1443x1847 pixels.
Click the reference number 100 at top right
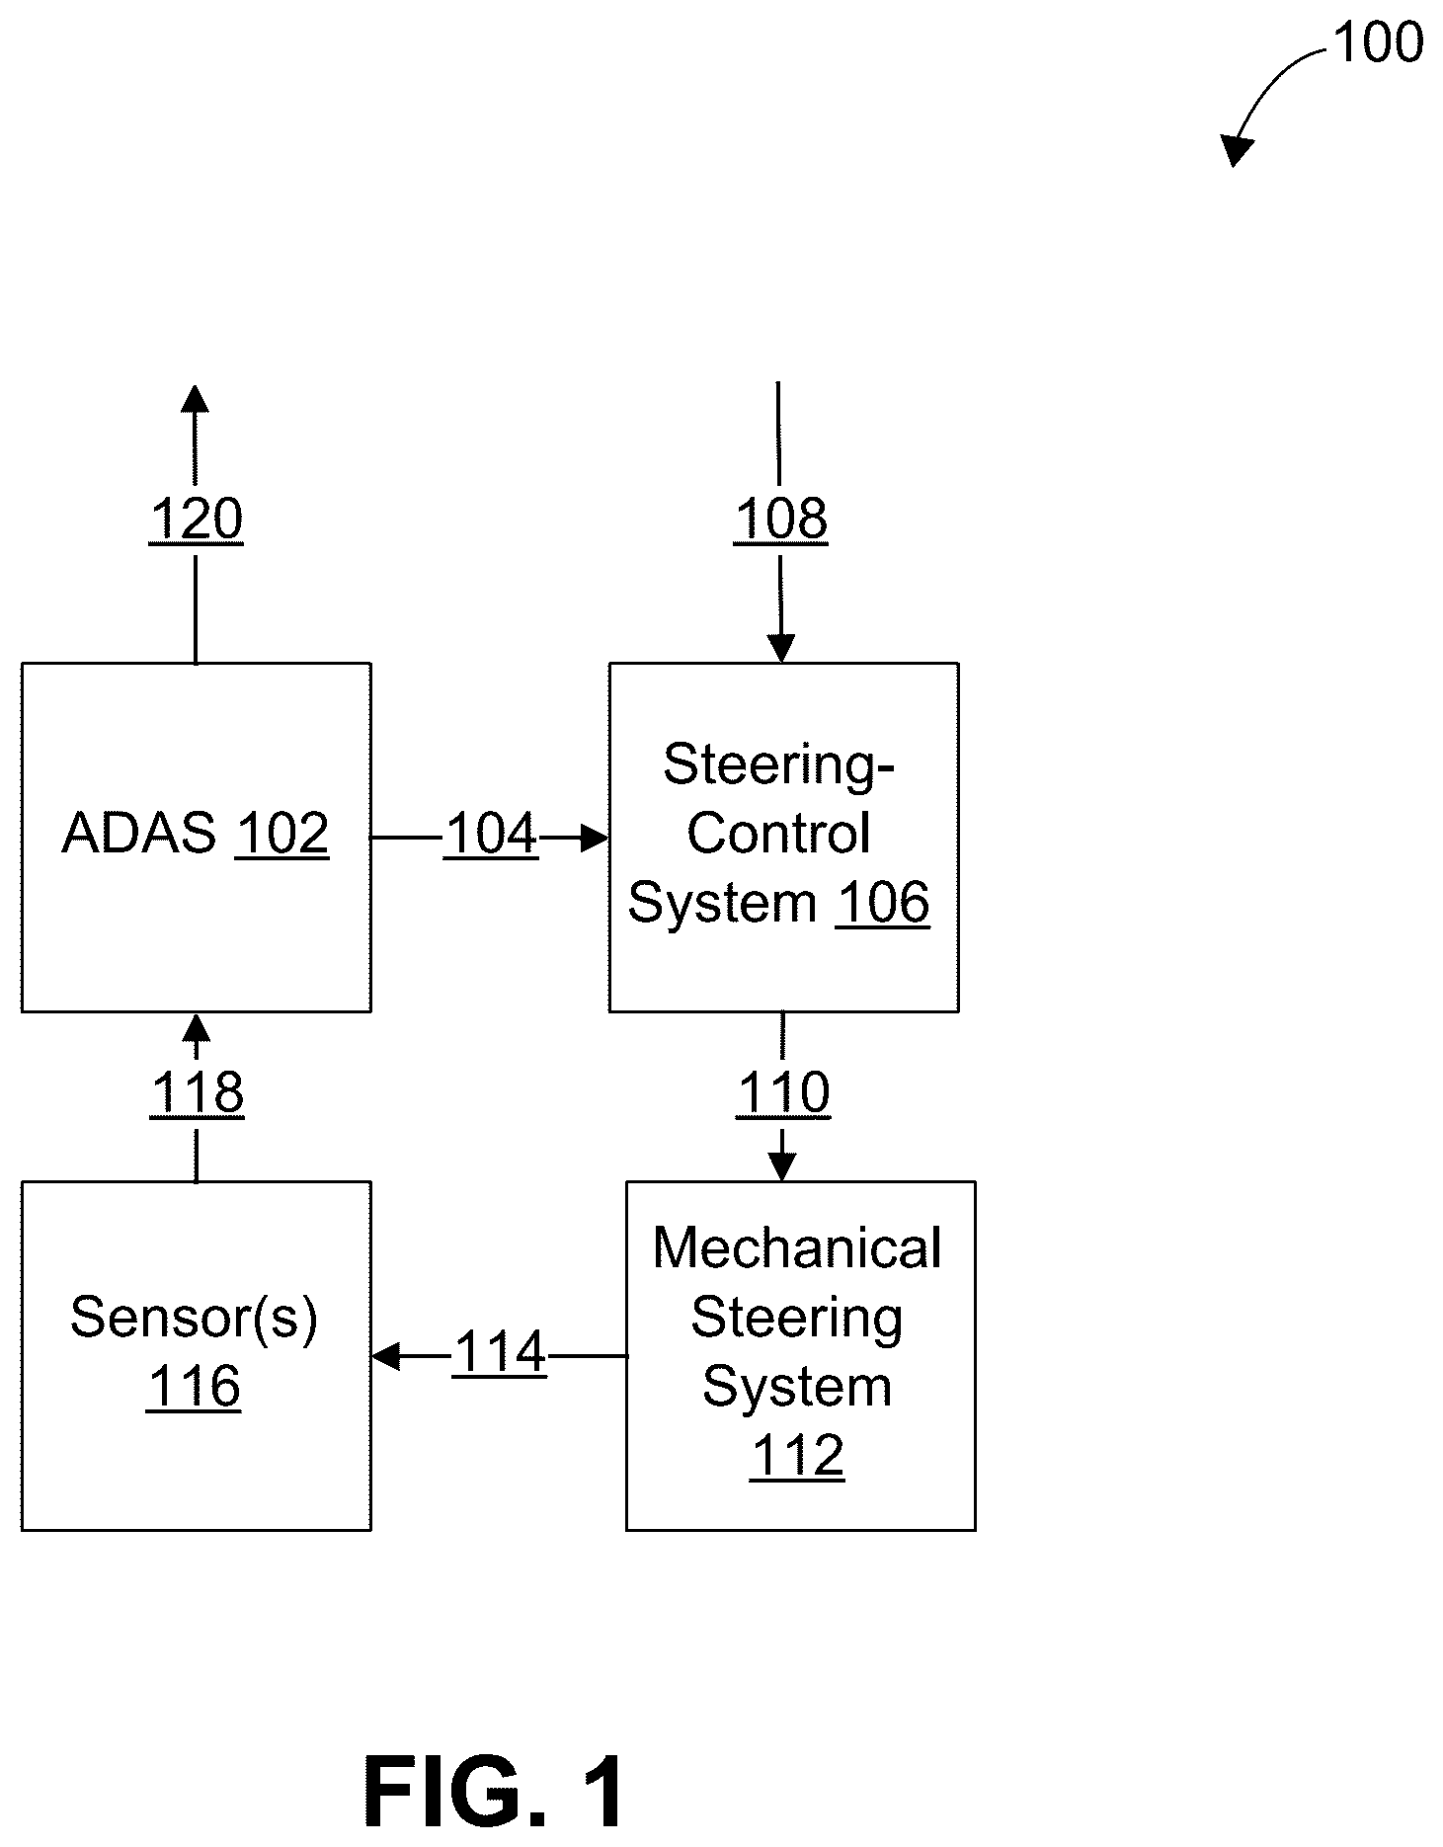[x=1378, y=43]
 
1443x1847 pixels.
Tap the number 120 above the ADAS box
[x=196, y=520]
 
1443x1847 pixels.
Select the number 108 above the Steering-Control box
[x=780, y=520]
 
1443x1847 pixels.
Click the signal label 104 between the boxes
[x=491, y=834]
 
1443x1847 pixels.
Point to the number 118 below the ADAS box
[x=197, y=1093]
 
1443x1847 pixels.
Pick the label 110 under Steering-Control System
[x=783, y=1093]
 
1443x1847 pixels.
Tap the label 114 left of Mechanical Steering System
[x=499, y=1352]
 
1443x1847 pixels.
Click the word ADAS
[x=139, y=834]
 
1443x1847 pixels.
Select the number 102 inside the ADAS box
[x=281, y=834]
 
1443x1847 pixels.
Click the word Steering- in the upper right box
[x=778, y=764]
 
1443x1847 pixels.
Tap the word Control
[x=778, y=834]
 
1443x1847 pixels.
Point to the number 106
[x=882, y=904]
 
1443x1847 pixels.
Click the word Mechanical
[x=797, y=1248]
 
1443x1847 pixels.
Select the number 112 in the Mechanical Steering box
[x=797, y=1456]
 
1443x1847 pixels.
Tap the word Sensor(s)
[x=195, y=1319]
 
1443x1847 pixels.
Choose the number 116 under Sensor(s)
[x=194, y=1387]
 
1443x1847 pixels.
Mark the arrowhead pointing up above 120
[x=196, y=398]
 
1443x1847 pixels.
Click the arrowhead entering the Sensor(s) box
[x=385, y=1356]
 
